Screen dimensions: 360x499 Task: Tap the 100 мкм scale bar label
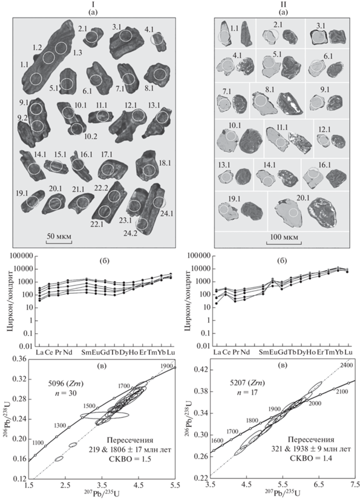[284, 237]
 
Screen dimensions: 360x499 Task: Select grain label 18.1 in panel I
[165, 163]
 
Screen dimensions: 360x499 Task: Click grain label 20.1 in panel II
[303, 197]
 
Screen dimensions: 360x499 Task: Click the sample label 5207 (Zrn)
[244, 383]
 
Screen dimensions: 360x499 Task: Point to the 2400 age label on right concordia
[347, 365]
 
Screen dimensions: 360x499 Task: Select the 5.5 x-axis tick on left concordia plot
[175, 485]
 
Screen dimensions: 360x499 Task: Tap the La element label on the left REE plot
[39, 352]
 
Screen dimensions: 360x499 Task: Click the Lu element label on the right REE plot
[349, 352]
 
